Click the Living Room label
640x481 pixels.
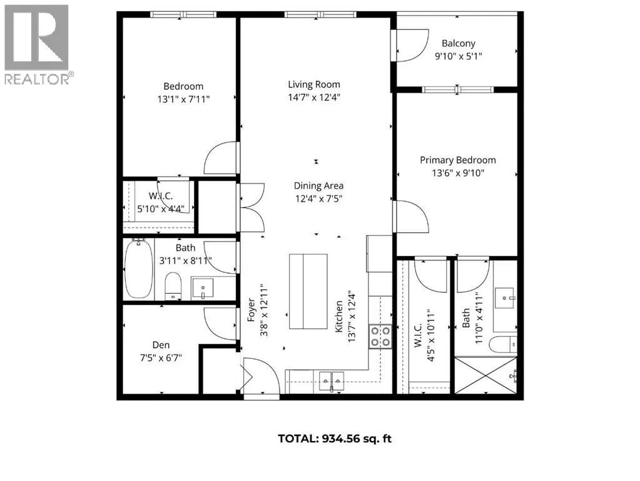click(x=314, y=85)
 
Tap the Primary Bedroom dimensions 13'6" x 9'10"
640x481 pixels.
click(x=458, y=173)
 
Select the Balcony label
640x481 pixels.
click(x=459, y=43)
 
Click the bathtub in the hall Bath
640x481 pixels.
click(x=139, y=269)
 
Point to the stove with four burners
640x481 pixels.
click(x=380, y=337)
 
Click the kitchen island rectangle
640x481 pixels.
click(x=308, y=291)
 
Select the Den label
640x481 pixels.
click(x=161, y=345)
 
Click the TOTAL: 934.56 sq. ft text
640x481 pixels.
click(x=335, y=438)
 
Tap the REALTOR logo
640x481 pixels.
click(x=37, y=44)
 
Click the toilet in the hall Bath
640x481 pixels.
click(x=173, y=286)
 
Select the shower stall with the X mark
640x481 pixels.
click(x=485, y=375)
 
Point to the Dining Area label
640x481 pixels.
click(x=319, y=185)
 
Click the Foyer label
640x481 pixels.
click(x=251, y=310)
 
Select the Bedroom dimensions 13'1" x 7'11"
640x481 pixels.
click(x=183, y=99)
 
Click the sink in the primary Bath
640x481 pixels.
click(x=505, y=297)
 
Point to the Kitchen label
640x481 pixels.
click(x=339, y=316)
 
